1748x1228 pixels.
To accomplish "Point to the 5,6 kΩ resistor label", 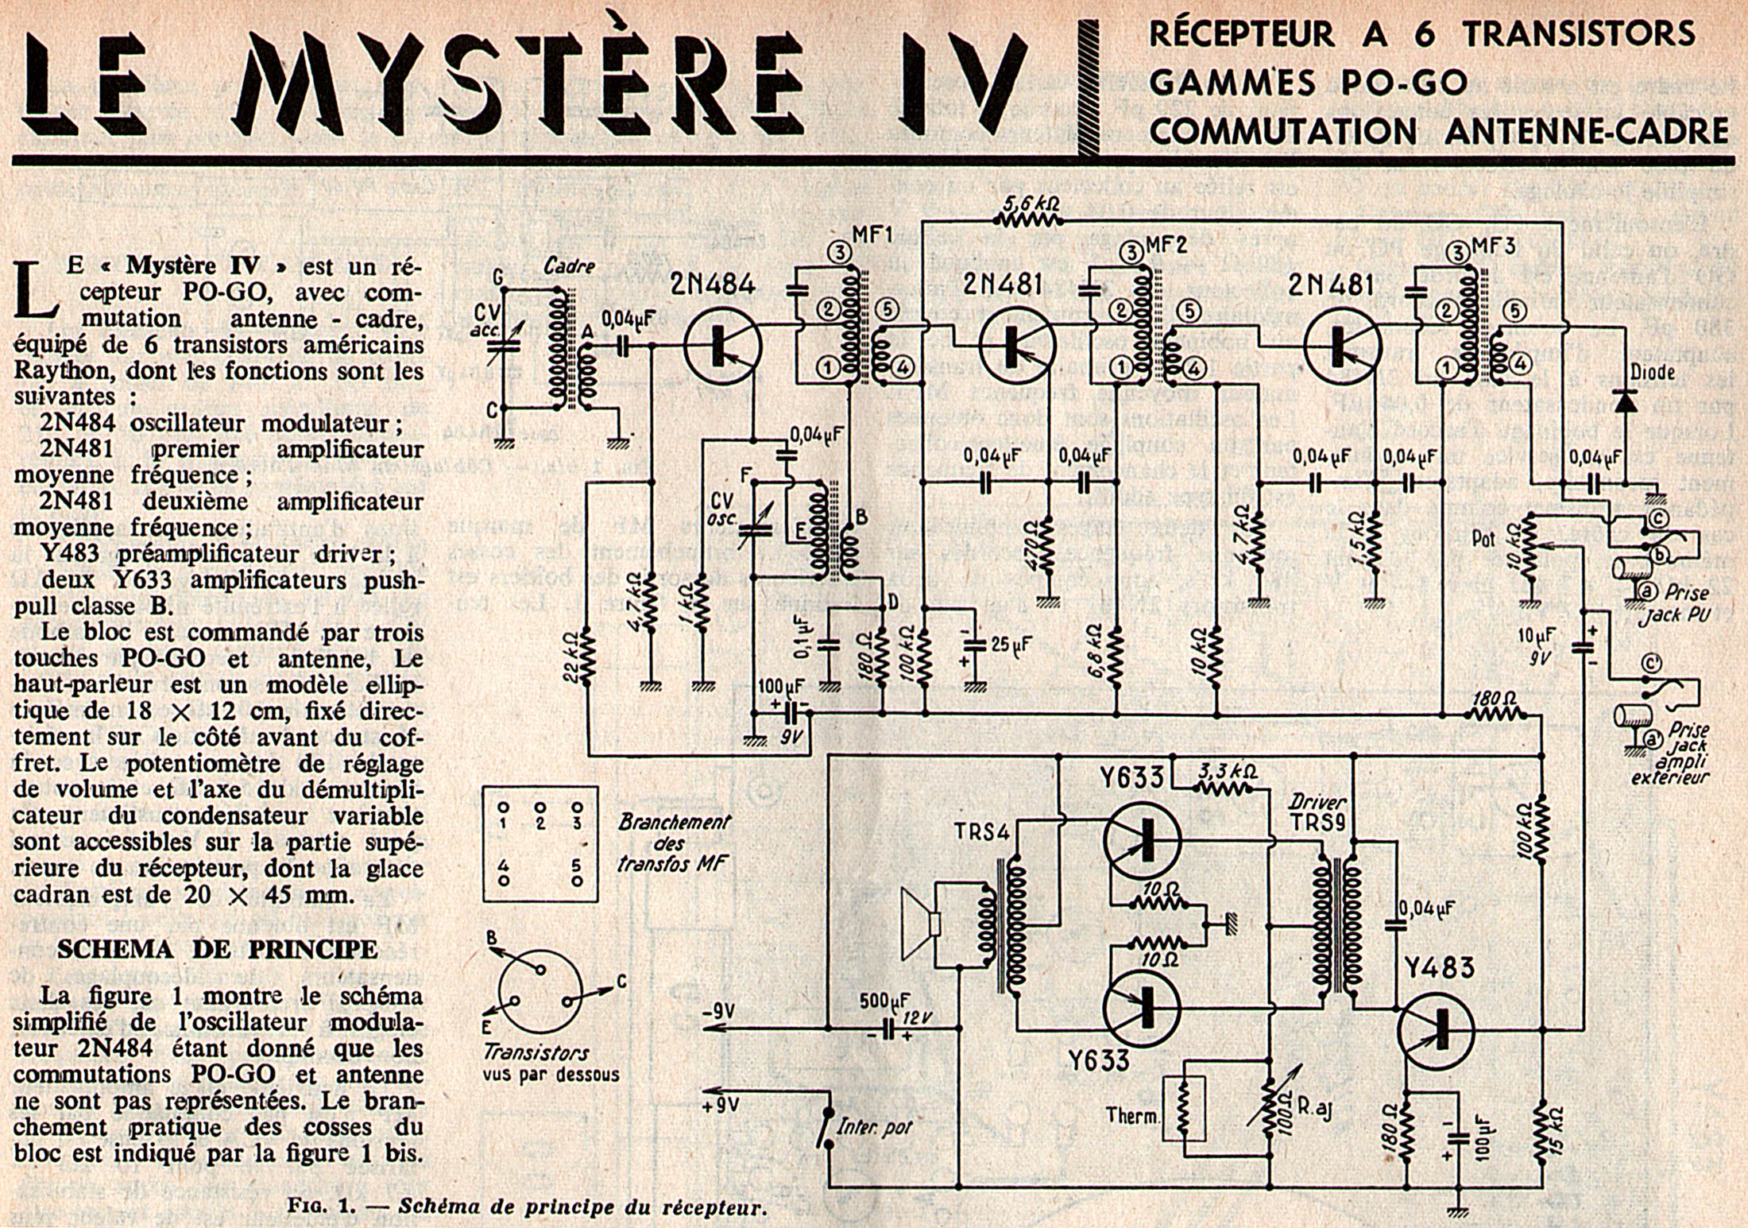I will [1031, 203].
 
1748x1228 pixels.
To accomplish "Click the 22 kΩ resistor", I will [587, 657].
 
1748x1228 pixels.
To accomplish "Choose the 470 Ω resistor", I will [1048, 543].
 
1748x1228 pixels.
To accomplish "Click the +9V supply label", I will [721, 1104].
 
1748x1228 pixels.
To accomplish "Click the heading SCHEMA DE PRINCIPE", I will [218, 949].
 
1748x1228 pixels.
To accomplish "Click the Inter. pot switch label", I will [876, 1126].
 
